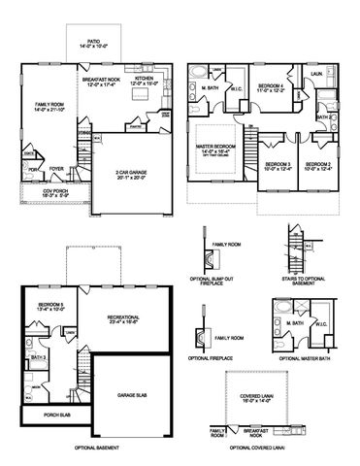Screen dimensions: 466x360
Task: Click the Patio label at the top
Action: [x=89, y=40]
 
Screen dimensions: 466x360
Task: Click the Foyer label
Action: [x=57, y=168]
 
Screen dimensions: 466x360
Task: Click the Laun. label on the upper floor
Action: [x=317, y=73]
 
